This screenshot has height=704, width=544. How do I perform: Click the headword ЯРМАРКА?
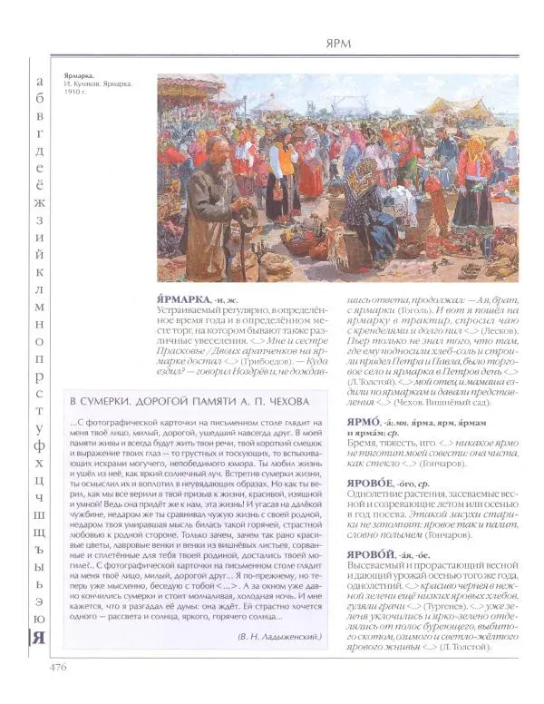(189, 298)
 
